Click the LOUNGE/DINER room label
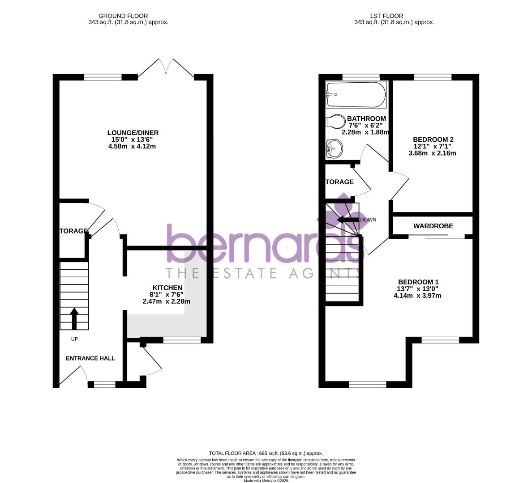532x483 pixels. tap(133, 133)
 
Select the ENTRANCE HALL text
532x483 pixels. tap(90, 358)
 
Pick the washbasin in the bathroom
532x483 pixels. tap(334, 147)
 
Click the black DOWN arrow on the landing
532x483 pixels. tap(348, 220)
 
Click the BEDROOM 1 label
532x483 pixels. tap(418, 282)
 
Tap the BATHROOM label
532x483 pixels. tap(366, 119)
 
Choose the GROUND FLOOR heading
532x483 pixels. tap(123, 16)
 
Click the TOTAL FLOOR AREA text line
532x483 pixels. tap(266, 453)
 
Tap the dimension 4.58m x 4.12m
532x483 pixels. tap(132, 146)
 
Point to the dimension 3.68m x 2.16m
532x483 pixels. tap(432, 153)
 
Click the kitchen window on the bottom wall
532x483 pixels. tap(182, 340)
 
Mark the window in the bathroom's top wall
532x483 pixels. tap(361, 77)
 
